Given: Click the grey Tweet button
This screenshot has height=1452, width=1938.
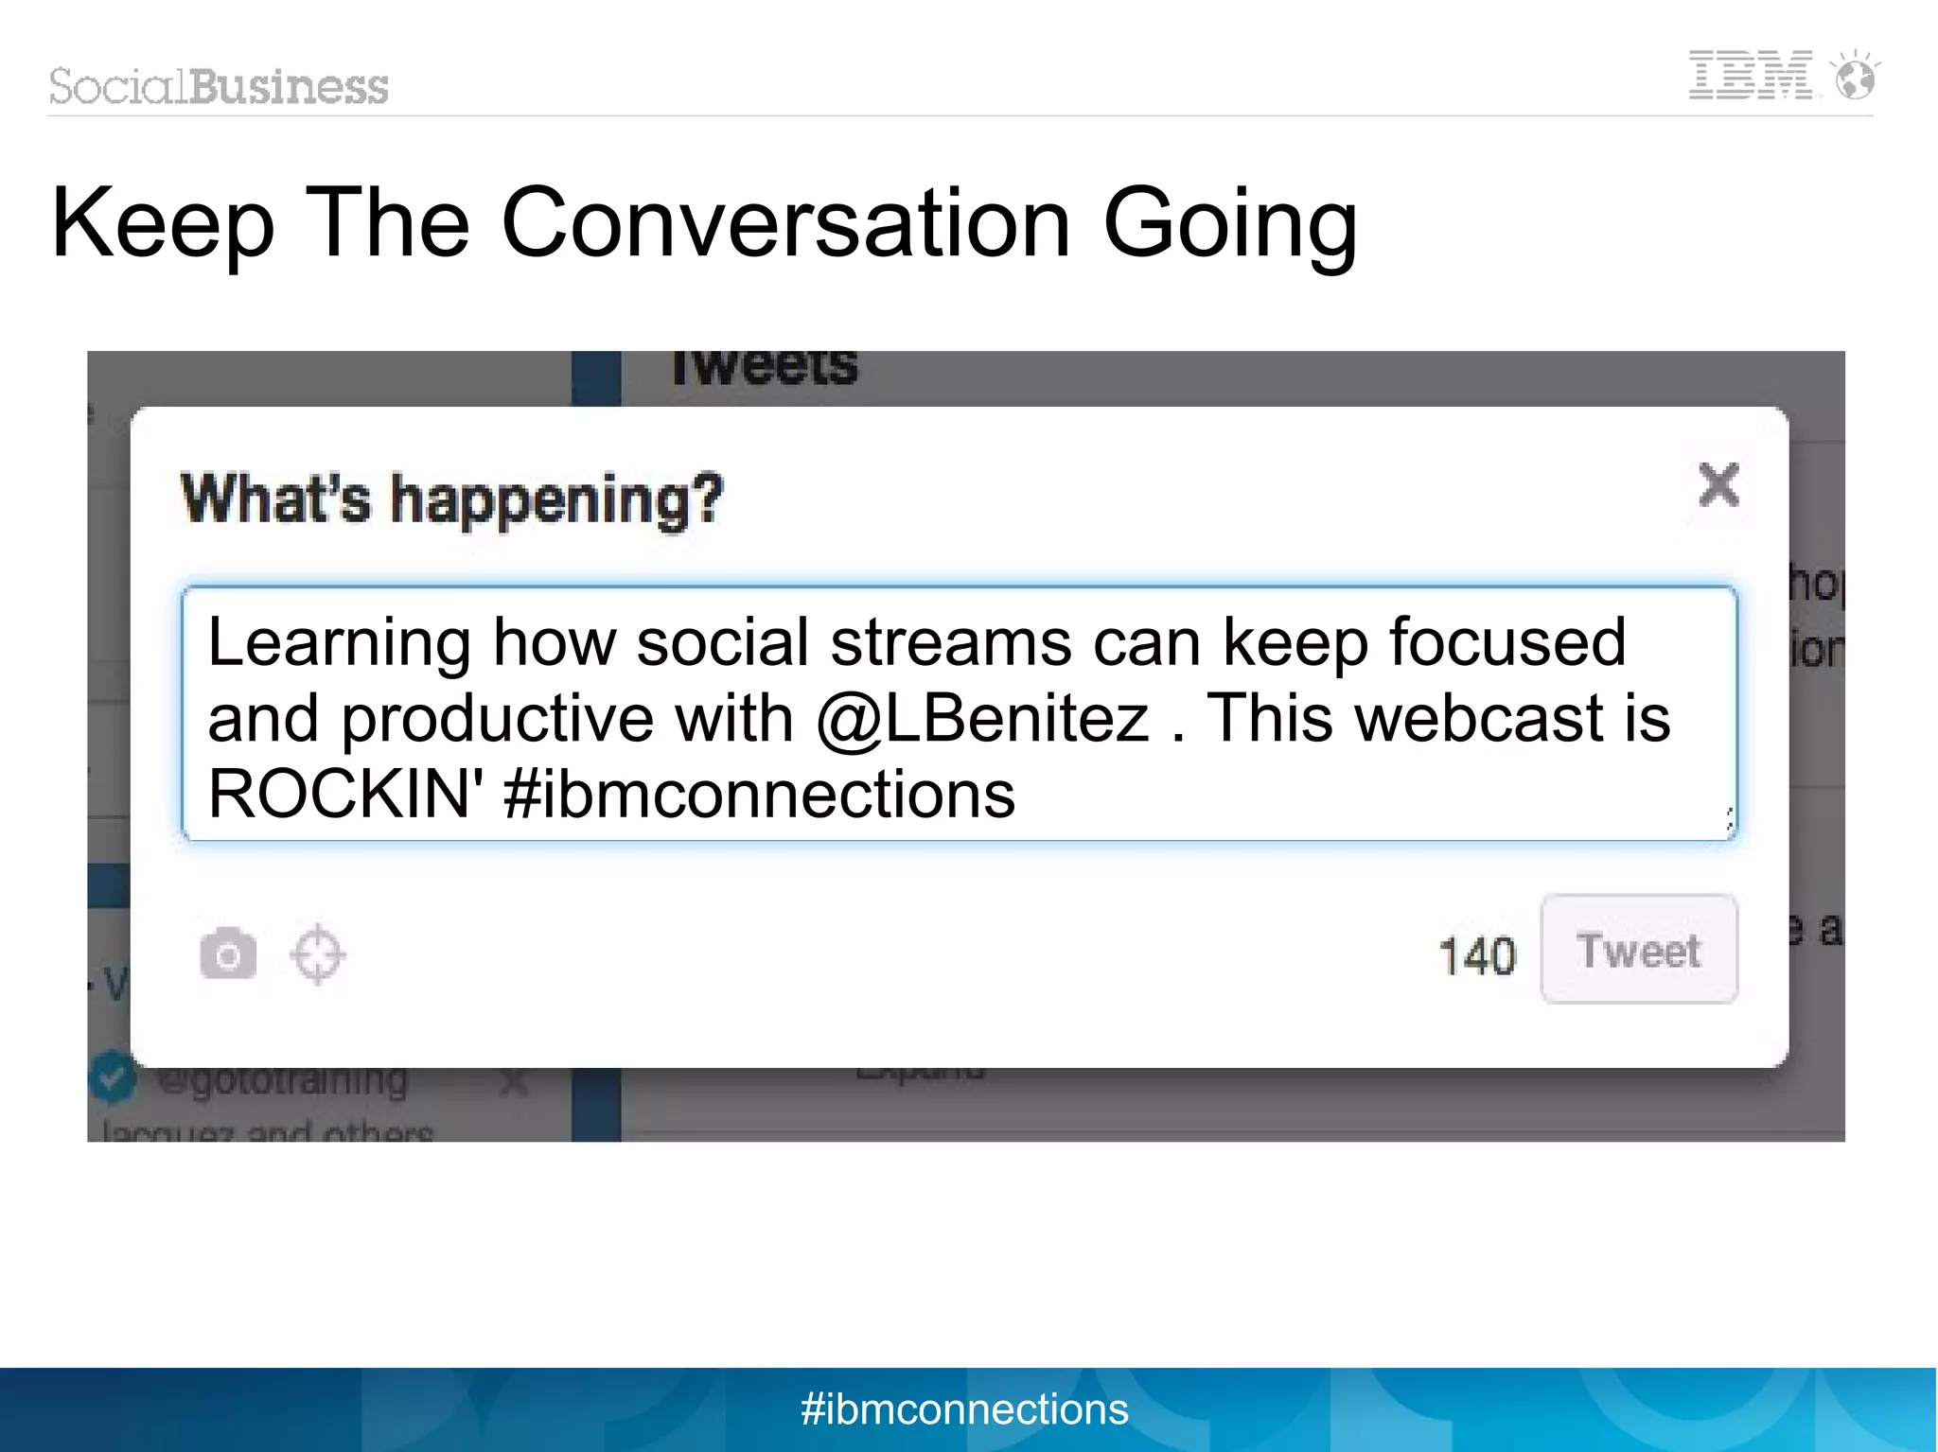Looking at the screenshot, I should tap(1639, 950).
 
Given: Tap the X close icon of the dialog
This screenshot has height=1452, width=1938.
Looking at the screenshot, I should tap(1718, 485).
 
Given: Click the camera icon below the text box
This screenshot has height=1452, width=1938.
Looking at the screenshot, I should tap(228, 954).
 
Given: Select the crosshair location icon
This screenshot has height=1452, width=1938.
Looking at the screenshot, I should tap(317, 954).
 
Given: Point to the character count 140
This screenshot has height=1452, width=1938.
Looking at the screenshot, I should tap(1477, 955).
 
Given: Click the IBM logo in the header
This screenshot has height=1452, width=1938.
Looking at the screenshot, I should tap(1751, 76).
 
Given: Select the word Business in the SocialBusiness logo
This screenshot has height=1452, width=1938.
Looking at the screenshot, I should tap(289, 87).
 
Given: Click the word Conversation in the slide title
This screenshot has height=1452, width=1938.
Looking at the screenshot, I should tap(785, 223).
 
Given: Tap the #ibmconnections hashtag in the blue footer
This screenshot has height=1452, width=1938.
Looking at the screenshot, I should tap(964, 1409).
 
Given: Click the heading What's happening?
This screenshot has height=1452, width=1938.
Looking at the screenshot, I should tap(452, 499).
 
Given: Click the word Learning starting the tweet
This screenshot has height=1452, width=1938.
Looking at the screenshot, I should tap(339, 643).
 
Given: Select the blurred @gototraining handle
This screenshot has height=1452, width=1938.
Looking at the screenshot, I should tap(282, 1080).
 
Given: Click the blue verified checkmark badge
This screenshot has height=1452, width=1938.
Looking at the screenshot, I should tap(113, 1077).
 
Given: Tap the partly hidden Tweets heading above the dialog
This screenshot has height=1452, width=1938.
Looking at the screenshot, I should tap(765, 369).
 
